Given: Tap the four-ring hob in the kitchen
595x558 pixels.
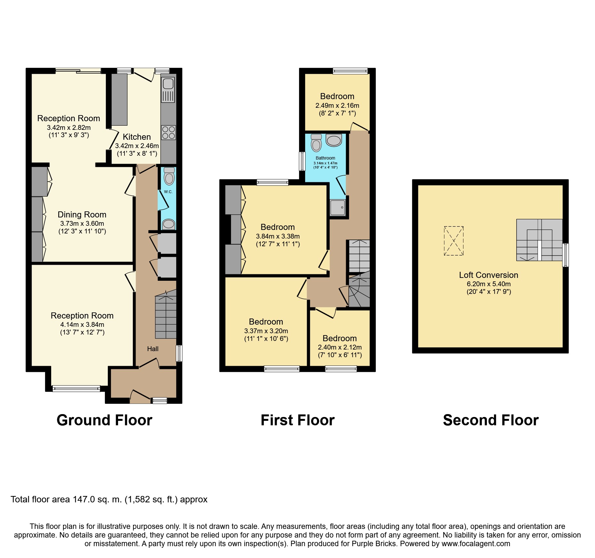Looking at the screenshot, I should click(169, 132).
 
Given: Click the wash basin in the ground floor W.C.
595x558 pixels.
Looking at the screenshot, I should click(169, 224).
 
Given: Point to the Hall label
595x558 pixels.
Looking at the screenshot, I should click(153, 349).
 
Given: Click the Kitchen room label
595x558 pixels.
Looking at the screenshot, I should click(137, 137).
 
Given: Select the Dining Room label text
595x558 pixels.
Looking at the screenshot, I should click(82, 215).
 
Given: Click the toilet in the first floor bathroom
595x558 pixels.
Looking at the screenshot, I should click(316, 143).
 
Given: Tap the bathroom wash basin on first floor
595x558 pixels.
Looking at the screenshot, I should click(334, 140).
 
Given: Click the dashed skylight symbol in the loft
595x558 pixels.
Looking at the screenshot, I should click(454, 241).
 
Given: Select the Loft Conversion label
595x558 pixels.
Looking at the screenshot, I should click(488, 275).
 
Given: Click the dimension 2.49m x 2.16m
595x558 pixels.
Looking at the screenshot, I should click(337, 106).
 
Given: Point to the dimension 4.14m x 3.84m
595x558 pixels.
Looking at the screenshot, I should click(82, 325).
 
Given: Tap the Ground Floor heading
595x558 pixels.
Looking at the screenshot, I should click(104, 420).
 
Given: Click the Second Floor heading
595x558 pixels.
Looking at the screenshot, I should click(491, 420).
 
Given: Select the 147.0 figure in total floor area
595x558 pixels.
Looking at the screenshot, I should click(84, 499).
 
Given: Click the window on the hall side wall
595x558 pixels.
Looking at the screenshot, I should click(179, 353).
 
